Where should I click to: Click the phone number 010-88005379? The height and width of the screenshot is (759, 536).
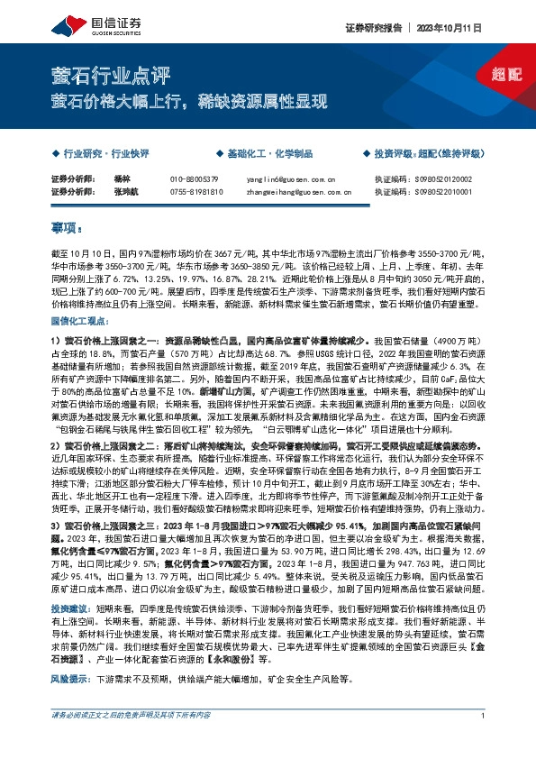coord(195,179)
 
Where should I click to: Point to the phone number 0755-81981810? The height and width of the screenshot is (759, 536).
coord(196,191)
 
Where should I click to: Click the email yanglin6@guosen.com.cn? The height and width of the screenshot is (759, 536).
coord(290,179)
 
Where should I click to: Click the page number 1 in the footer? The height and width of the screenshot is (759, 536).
coord(483,741)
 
